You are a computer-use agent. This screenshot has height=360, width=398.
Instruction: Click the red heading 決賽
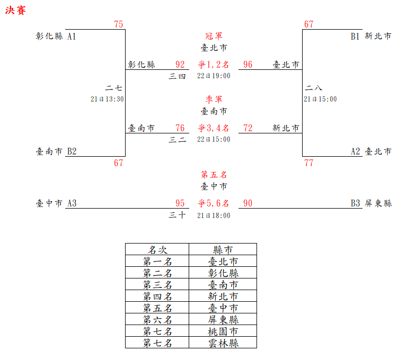(15, 11)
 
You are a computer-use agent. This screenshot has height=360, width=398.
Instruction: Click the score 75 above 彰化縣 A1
(118, 24)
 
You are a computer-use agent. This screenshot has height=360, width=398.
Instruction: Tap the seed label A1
(72, 37)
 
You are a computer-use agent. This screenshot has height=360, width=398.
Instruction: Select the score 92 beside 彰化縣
(180, 65)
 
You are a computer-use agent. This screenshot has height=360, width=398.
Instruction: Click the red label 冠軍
(214, 36)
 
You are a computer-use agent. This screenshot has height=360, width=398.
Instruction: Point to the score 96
(248, 65)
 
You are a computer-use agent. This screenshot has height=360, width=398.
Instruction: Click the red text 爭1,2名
(214, 65)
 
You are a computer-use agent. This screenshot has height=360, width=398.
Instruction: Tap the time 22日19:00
(214, 76)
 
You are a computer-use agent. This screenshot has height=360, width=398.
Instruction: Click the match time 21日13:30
(107, 99)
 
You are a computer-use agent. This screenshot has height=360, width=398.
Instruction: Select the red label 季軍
(214, 100)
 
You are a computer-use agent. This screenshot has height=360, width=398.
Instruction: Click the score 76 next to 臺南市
(180, 128)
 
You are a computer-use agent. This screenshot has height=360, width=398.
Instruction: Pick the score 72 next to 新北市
(248, 128)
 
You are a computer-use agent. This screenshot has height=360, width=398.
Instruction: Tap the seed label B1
(355, 37)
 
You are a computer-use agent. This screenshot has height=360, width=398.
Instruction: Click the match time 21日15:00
(320, 99)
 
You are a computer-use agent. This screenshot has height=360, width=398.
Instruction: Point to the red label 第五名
(214, 175)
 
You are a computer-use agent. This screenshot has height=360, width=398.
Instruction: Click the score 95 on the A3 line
(180, 203)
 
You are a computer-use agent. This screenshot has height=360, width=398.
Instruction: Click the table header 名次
(157, 249)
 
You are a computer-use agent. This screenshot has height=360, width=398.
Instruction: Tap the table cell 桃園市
(223, 331)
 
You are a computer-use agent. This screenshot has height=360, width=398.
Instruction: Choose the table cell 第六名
(157, 319)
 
